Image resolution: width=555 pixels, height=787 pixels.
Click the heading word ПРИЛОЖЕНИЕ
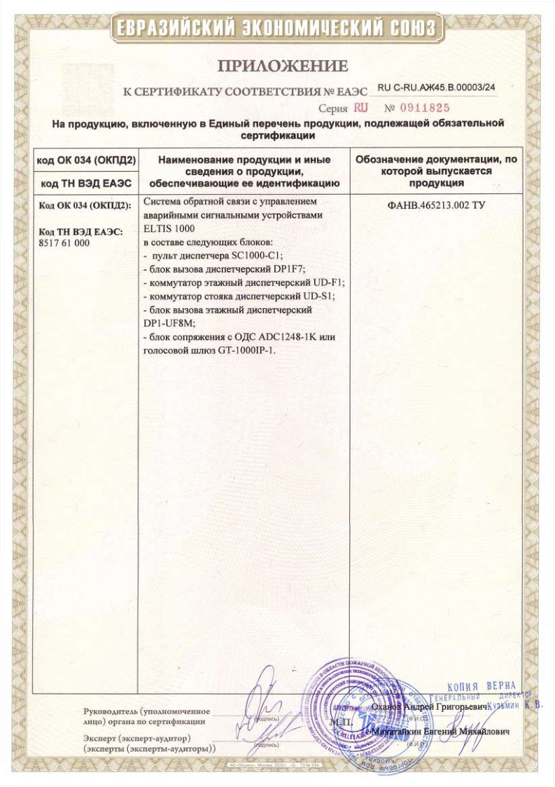click(x=282, y=67)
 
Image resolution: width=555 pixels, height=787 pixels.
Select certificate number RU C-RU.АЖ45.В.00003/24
click(x=436, y=88)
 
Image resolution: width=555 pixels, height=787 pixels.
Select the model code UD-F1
click(x=328, y=282)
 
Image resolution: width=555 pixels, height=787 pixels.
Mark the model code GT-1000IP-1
click(x=242, y=350)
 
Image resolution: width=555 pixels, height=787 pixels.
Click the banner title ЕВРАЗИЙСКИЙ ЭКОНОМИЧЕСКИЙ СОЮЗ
click(x=277, y=28)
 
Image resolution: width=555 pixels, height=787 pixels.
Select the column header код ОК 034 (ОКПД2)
click(x=86, y=160)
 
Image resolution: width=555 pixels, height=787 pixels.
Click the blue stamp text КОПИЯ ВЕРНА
click(x=481, y=685)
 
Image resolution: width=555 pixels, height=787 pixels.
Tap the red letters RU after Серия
click(x=360, y=109)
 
